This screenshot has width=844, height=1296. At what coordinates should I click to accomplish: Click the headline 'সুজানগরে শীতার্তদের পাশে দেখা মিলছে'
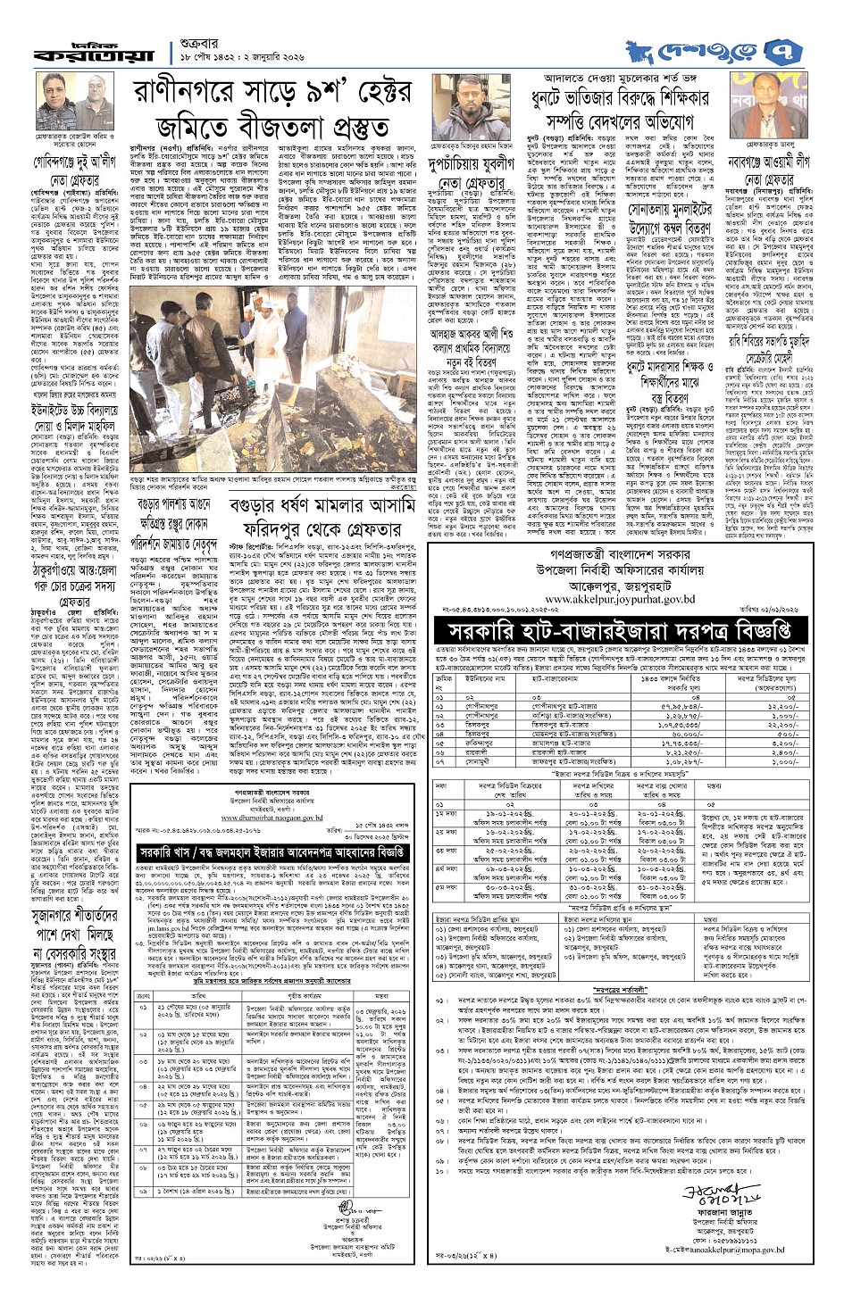coord(64,901)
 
